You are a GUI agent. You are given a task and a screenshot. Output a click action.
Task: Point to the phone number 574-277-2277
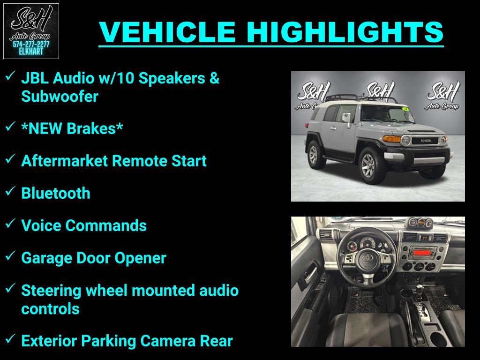(31, 44)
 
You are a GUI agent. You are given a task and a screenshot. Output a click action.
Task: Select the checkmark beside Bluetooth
(11, 192)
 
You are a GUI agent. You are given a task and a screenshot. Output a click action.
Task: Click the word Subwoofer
(60, 97)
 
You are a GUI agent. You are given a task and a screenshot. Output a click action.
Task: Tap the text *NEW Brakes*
(72, 128)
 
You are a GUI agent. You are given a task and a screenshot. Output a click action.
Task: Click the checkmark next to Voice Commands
(11, 224)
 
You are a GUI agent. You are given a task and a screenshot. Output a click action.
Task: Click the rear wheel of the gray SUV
(314, 154)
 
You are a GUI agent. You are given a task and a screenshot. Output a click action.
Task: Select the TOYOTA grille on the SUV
(425, 140)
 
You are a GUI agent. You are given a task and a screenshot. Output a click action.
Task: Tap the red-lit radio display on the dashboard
(421, 253)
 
